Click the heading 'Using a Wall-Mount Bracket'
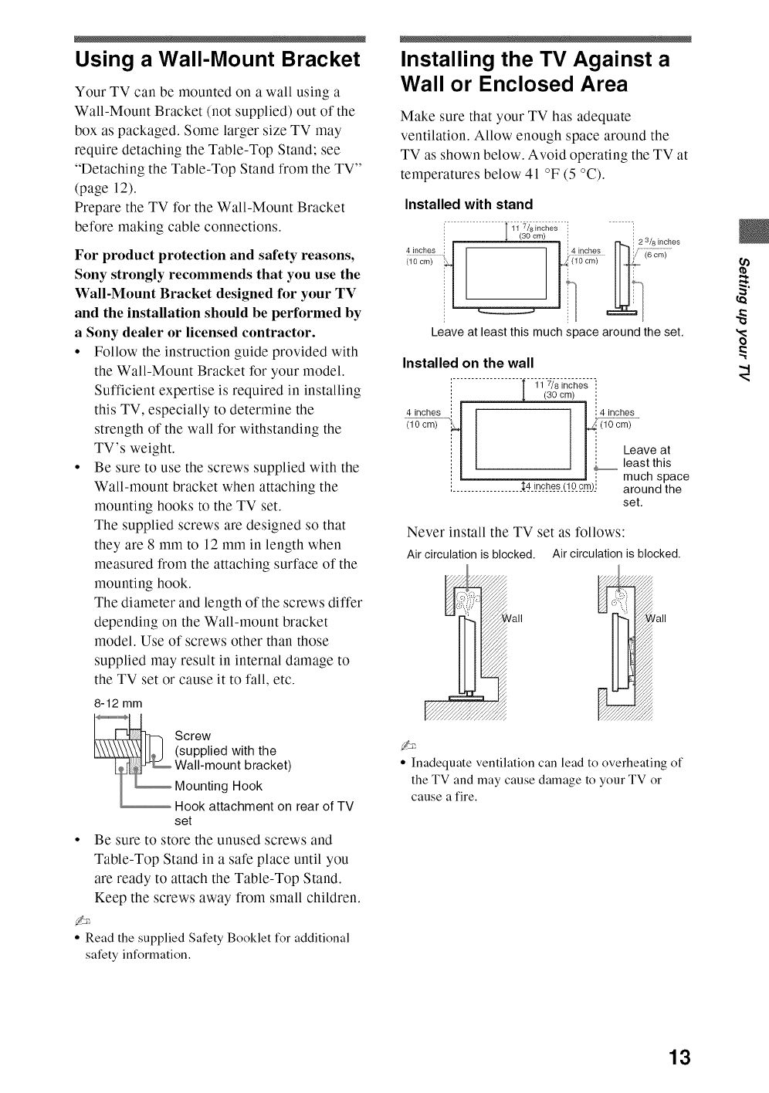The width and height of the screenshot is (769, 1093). (x=217, y=59)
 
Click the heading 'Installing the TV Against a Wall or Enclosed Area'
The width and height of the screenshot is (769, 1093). (x=535, y=71)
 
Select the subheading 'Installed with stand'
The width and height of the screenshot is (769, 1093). (x=469, y=205)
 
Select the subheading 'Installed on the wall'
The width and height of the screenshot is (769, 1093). (x=469, y=363)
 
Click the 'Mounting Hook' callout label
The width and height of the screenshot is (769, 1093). (x=219, y=786)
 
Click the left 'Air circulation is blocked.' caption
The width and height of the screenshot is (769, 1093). (x=471, y=554)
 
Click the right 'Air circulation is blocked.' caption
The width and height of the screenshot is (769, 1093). (x=616, y=553)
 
